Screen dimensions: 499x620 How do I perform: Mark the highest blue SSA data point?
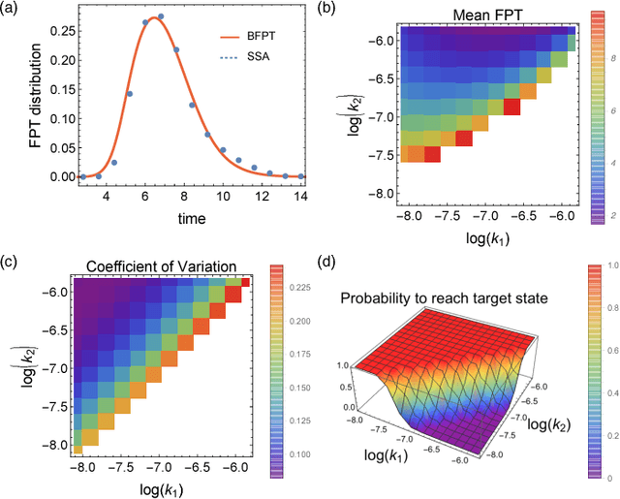pyautogui.click(x=161, y=16)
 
